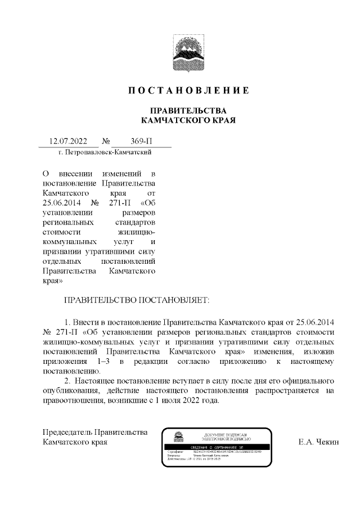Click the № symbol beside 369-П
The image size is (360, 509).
(106, 142)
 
